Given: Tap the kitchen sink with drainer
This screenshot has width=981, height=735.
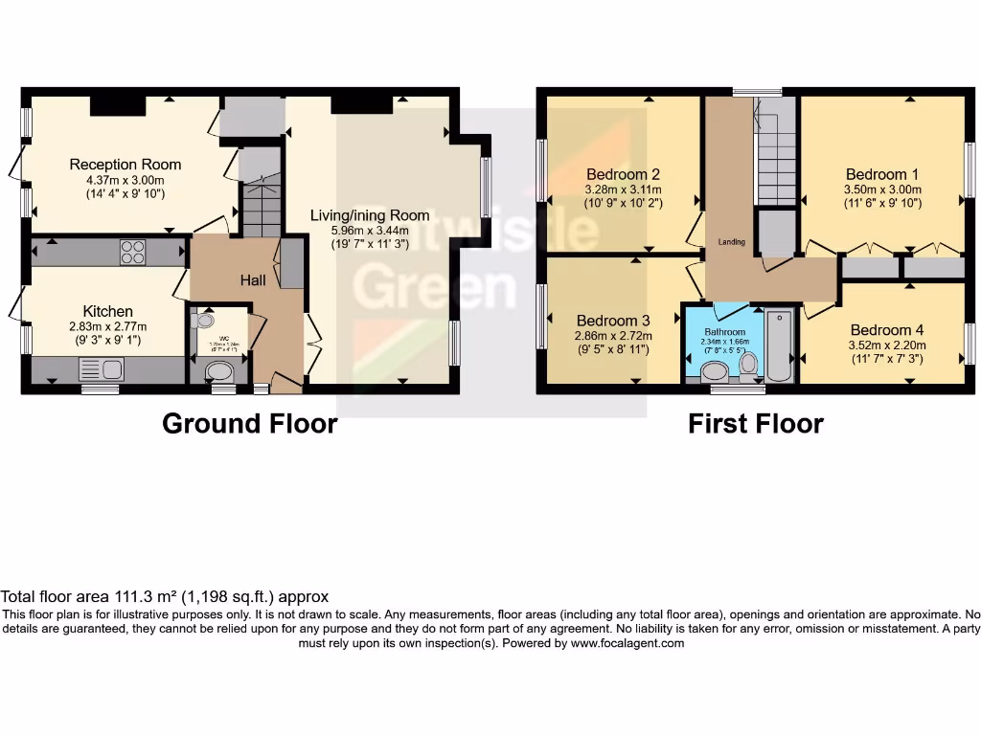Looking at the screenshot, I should click(101, 368).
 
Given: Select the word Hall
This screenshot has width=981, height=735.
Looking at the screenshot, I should click(253, 279).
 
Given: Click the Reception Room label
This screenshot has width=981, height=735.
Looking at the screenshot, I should click(125, 165).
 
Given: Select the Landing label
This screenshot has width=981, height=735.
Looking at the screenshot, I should click(732, 242).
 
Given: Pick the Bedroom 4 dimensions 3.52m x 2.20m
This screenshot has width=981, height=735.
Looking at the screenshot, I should click(883, 345).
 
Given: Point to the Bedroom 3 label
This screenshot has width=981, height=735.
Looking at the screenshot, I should click(613, 321).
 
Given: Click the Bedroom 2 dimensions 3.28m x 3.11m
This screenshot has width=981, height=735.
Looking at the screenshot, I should click(624, 189).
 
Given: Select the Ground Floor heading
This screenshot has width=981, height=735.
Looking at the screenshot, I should click(250, 423).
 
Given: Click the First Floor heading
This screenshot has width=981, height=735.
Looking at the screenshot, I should click(756, 423).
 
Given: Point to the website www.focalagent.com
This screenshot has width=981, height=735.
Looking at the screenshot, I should click(627, 644).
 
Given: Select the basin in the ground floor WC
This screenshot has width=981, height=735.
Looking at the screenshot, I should click(203, 322).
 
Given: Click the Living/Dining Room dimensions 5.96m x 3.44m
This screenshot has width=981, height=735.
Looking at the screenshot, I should click(359, 230).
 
